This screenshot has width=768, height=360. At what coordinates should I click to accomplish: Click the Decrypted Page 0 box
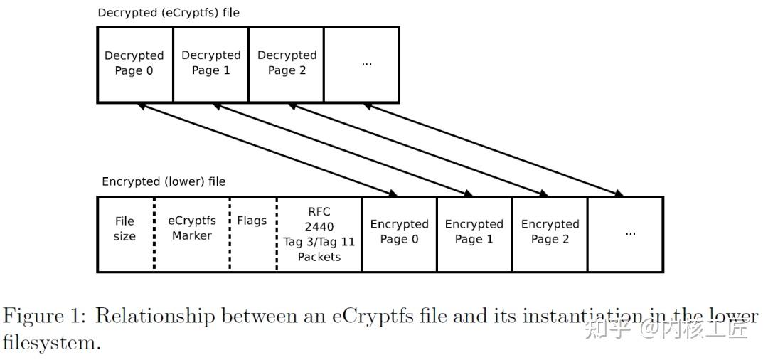point(134,65)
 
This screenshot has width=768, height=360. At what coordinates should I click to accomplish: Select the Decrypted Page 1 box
point(210,65)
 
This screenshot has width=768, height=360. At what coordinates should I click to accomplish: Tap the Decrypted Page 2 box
point(286,65)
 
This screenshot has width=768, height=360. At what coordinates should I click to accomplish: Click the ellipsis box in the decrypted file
point(361,65)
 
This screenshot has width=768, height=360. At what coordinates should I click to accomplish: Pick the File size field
point(125,234)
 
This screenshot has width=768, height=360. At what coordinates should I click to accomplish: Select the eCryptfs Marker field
point(192,234)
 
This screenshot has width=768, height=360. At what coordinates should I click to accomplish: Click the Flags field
point(252,234)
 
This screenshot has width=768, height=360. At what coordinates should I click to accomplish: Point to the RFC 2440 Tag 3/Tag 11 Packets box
point(319,234)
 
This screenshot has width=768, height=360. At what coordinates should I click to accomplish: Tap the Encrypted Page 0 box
point(399,234)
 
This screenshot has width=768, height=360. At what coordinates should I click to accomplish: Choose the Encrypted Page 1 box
point(474,234)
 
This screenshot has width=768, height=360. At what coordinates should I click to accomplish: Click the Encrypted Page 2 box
point(550,234)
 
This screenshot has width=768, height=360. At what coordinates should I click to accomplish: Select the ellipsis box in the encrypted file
point(626,234)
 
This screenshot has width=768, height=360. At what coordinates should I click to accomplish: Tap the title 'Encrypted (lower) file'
point(163,181)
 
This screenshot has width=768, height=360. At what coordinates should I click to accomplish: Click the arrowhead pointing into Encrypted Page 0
point(393,193)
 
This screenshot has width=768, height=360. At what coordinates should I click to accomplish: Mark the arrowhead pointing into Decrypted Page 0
point(142,106)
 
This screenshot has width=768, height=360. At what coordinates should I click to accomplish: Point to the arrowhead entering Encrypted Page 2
point(544,193)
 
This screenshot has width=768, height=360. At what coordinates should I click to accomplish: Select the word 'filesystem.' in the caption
point(51,343)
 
